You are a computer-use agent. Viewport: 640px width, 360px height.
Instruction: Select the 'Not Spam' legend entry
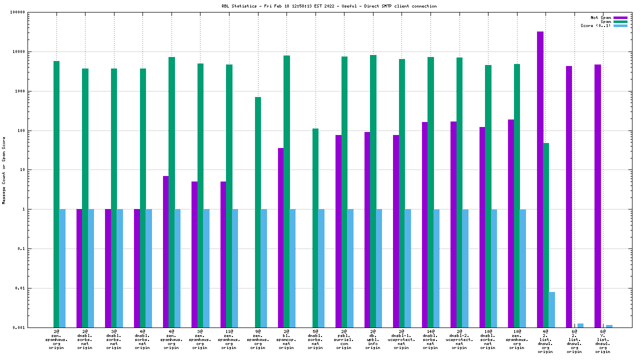pyautogui.click(x=601, y=17)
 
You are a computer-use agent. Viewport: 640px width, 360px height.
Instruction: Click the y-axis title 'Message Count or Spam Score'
pyautogui.click(x=4, y=170)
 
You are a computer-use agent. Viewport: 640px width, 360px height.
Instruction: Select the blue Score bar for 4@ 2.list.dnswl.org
pyautogui.click(x=552, y=309)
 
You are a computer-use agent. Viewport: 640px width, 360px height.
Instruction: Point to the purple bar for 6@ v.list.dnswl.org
pyautogui.click(x=597, y=195)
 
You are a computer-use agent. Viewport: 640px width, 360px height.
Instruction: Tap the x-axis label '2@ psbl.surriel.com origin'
pyautogui.click(x=344, y=339)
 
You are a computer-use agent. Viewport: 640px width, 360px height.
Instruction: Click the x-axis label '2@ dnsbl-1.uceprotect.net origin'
pyautogui.click(x=401, y=339)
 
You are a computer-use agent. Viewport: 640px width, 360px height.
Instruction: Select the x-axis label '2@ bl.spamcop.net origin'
pyautogui.click(x=286, y=339)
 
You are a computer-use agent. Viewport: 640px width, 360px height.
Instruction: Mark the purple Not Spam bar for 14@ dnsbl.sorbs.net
pyautogui.click(x=425, y=224)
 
